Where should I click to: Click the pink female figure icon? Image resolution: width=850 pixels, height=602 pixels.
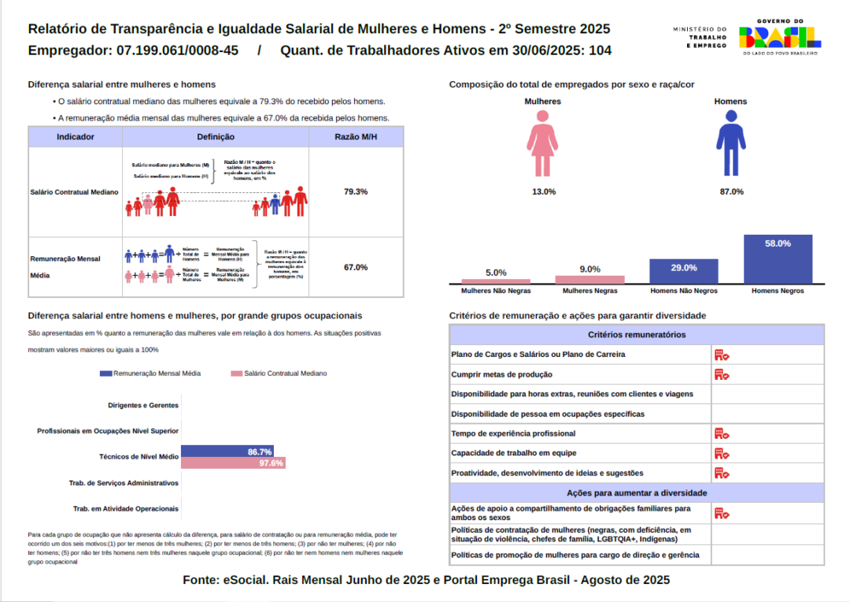(543, 143)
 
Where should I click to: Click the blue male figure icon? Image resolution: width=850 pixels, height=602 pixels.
(730, 143)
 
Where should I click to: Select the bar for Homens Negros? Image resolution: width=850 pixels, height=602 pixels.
(778, 259)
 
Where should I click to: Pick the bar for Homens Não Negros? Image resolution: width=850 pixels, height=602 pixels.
(683, 271)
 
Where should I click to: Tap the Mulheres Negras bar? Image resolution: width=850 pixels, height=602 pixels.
(589, 279)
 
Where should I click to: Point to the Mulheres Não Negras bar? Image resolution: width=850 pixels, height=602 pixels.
(496, 281)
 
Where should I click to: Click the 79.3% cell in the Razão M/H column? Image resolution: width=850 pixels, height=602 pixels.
(356, 191)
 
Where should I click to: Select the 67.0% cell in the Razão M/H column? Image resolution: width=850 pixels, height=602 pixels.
(356, 267)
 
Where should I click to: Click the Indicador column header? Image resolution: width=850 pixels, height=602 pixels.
(76, 137)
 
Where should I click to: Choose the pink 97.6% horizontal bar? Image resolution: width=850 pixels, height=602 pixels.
(233, 463)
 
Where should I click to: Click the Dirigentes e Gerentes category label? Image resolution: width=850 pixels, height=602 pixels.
(142, 406)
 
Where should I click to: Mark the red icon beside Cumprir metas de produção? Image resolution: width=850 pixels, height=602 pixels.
(722, 374)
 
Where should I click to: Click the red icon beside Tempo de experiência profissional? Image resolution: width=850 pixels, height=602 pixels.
(722, 433)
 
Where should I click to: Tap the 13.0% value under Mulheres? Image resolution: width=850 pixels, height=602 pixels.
(544, 191)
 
